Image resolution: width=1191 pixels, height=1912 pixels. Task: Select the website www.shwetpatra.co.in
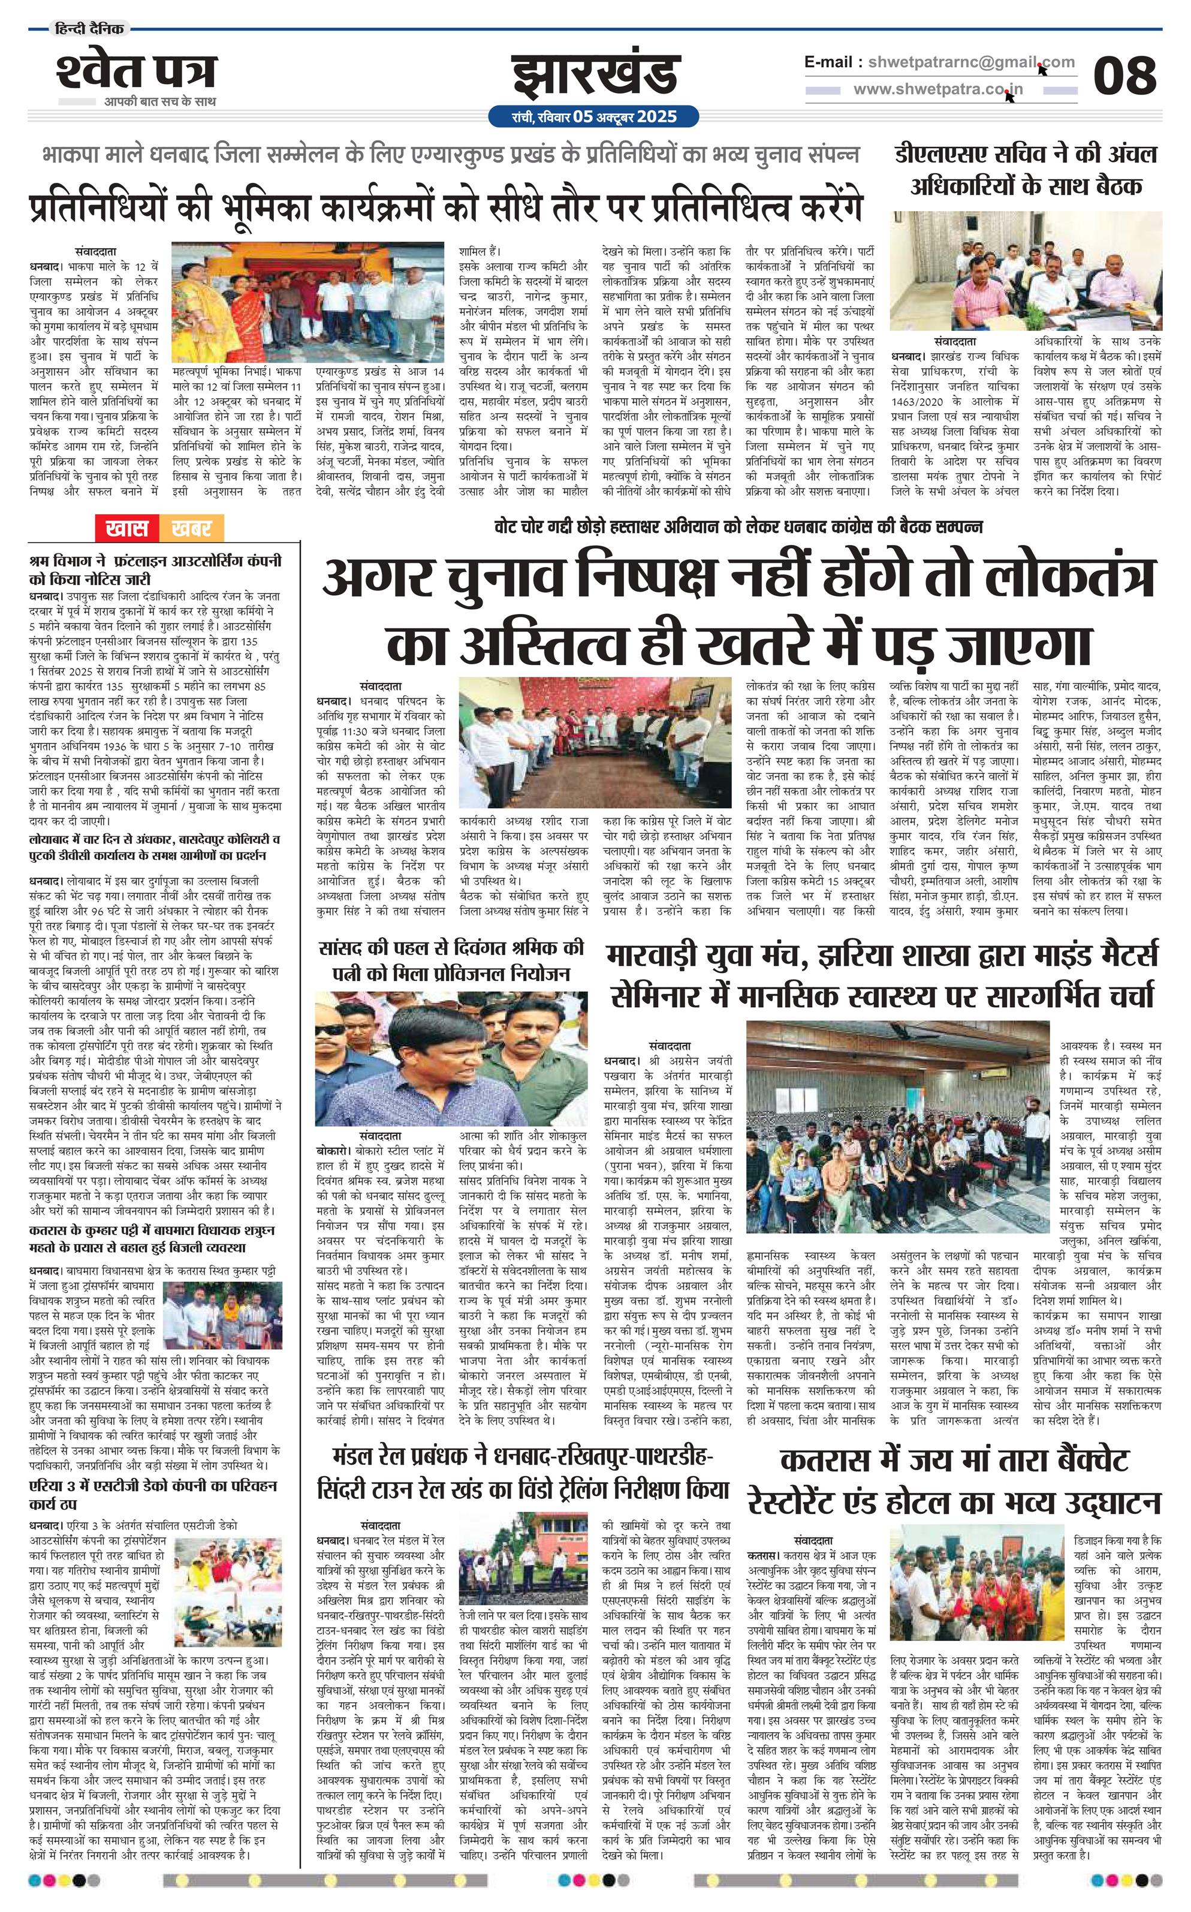pyautogui.click(x=938, y=90)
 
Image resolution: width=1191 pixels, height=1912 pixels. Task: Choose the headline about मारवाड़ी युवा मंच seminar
pyautogui.click(x=882, y=974)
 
